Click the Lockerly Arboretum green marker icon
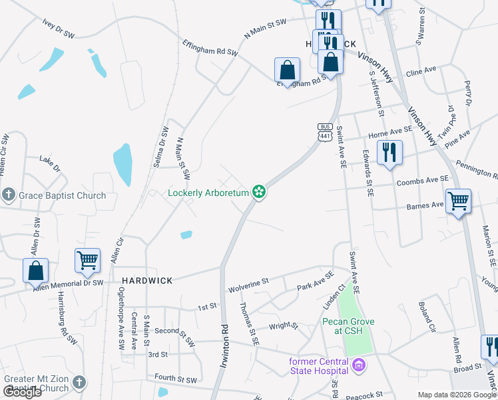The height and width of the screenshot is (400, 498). (x=260, y=193)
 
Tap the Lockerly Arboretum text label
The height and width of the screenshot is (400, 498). (x=208, y=193)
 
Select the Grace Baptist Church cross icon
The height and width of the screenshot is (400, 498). (x=9, y=195)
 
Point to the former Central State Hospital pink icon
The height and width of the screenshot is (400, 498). (x=360, y=366)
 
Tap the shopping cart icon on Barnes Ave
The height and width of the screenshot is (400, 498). (x=458, y=200)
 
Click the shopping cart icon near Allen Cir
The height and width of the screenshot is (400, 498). (x=88, y=260)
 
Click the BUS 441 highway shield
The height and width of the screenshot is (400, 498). (x=325, y=132)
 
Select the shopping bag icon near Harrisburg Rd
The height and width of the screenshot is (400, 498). (x=36, y=270)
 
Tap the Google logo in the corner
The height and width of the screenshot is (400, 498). (x=23, y=392)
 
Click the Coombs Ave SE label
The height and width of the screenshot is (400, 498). (x=423, y=180)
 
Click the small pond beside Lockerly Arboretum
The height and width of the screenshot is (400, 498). (x=186, y=235)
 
